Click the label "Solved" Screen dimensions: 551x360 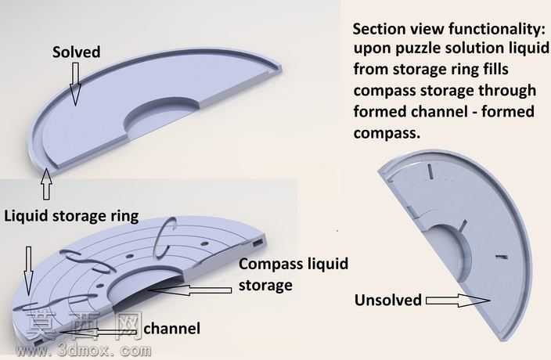pos(76,52)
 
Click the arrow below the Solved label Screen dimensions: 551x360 pos(75,84)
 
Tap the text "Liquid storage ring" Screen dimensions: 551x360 pos(71,216)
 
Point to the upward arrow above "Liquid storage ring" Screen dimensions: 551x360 pos(46,184)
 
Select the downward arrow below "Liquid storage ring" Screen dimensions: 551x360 pos(28,271)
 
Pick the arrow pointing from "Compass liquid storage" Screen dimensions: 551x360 pos(189,290)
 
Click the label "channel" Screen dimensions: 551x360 pos(172,329)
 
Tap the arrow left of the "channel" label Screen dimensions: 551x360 pos(98,333)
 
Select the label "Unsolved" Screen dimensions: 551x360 pos(388,301)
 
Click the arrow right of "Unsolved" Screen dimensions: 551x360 pos(458,301)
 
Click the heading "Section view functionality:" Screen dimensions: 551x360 pos(449,29)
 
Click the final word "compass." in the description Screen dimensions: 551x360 pos(387,133)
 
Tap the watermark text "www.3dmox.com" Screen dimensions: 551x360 pos(84,350)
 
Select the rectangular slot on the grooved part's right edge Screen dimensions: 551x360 pos(257,243)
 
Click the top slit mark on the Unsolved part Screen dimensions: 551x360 pos(430,171)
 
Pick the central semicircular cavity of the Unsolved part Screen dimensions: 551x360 pos(452,252)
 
